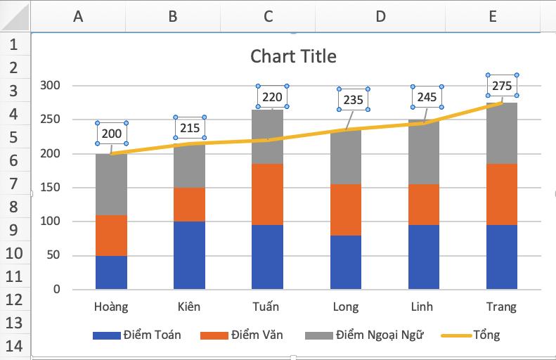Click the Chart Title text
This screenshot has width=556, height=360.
tap(293, 56)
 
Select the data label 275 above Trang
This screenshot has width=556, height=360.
tap(502, 85)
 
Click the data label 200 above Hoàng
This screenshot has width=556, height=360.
tap(111, 134)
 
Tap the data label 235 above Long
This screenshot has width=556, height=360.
tap(354, 100)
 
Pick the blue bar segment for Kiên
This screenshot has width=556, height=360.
tap(189, 255)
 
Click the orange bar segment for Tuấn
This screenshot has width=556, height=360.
tap(267, 194)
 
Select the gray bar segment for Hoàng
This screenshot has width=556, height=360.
tap(111, 184)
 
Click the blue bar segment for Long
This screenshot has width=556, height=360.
tap(345, 262)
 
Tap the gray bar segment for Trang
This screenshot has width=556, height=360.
tap(501, 134)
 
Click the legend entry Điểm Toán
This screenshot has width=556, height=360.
tap(136, 335)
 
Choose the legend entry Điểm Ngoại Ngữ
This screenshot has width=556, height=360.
tap(365, 335)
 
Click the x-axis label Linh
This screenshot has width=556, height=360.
tap(423, 307)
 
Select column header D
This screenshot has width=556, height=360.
tap(380, 16)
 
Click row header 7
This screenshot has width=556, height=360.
tap(15, 184)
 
